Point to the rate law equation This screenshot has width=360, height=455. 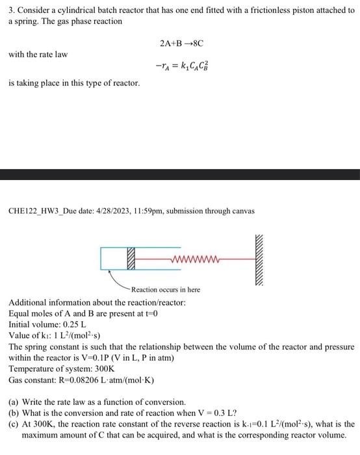coord(181,66)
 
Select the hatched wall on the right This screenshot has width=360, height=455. coord(262,258)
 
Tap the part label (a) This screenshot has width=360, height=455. coord(14,402)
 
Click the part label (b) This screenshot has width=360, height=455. coord(14,413)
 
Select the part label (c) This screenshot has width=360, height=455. coord(14,423)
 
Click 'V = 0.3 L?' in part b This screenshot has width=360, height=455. coord(219,413)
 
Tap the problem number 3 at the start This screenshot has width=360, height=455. coord(11,10)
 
